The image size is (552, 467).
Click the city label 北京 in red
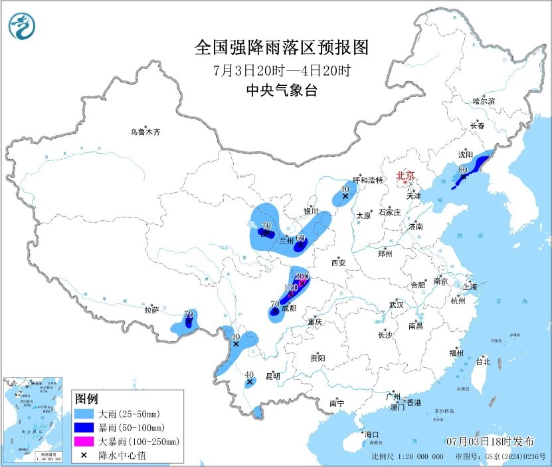tap(405, 176)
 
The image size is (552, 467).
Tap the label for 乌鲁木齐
tap(145, 132)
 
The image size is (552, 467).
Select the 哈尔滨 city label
tap(484, 101)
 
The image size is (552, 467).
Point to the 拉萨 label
tap(151, 309)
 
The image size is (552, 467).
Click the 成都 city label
tap(288, 308)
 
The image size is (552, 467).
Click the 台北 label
tap(482, 362)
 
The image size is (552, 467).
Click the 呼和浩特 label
tap(369, 180)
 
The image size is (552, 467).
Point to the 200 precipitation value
tap(302, 276)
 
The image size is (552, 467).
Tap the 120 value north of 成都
tap(290, 288)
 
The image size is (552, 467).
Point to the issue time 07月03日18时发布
tap(490, 441)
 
